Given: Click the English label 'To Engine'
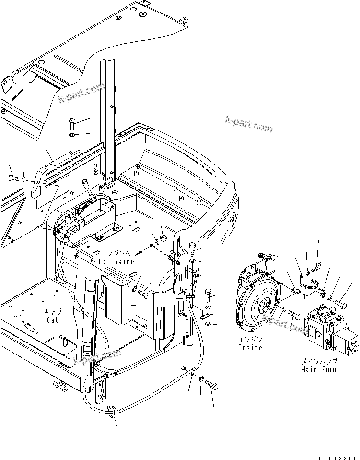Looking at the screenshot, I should point(116,261).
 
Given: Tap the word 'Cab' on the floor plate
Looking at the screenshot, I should point(53,320).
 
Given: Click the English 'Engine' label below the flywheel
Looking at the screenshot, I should point(250,347).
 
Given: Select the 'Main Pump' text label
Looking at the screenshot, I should point(319,369).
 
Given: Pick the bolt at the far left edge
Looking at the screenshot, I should point(13,179).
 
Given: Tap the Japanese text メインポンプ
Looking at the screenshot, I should point(319,361).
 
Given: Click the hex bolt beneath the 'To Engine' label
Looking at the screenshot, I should point(143,292).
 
